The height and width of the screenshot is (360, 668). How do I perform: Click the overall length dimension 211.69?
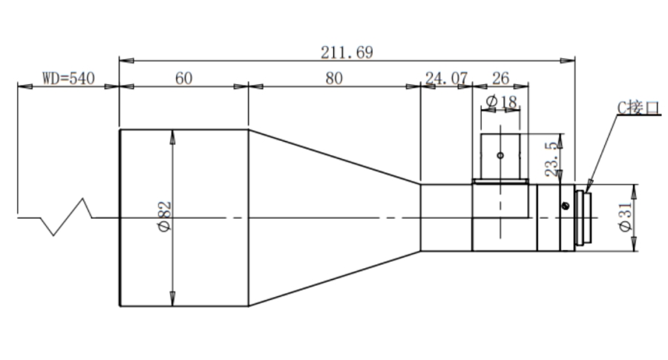(347, 53)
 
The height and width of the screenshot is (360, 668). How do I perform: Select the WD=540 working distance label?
(68, 79)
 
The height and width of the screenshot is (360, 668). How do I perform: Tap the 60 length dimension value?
(183, 79)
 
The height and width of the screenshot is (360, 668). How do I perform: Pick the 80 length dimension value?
(334, 79)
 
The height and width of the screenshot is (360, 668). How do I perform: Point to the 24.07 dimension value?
(447, 79)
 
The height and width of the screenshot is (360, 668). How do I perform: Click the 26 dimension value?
(500, 79)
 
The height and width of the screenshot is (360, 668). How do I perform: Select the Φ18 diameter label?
(501, 102)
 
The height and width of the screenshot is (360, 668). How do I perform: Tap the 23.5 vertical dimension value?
(551, 159)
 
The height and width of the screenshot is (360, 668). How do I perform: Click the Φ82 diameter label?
(165, 216)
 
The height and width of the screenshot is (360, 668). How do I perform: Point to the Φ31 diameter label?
(625, 217)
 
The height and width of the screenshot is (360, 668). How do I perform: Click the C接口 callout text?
(638, 108)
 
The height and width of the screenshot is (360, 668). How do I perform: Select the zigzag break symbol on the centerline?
(66, 217)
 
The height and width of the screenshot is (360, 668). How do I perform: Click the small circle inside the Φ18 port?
(500, 155)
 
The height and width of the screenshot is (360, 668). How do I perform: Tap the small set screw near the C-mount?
(566, 206)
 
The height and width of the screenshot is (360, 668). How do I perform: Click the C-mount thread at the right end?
(583, 218)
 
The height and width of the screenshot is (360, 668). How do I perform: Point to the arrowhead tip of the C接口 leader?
(586, 192)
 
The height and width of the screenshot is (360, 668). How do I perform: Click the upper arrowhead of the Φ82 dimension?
(172, 131)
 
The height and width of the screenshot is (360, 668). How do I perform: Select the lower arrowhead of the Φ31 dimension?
(634, 250)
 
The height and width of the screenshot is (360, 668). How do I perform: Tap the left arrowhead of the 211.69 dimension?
(120, 61)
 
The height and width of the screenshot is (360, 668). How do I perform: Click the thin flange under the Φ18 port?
(500, 182)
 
